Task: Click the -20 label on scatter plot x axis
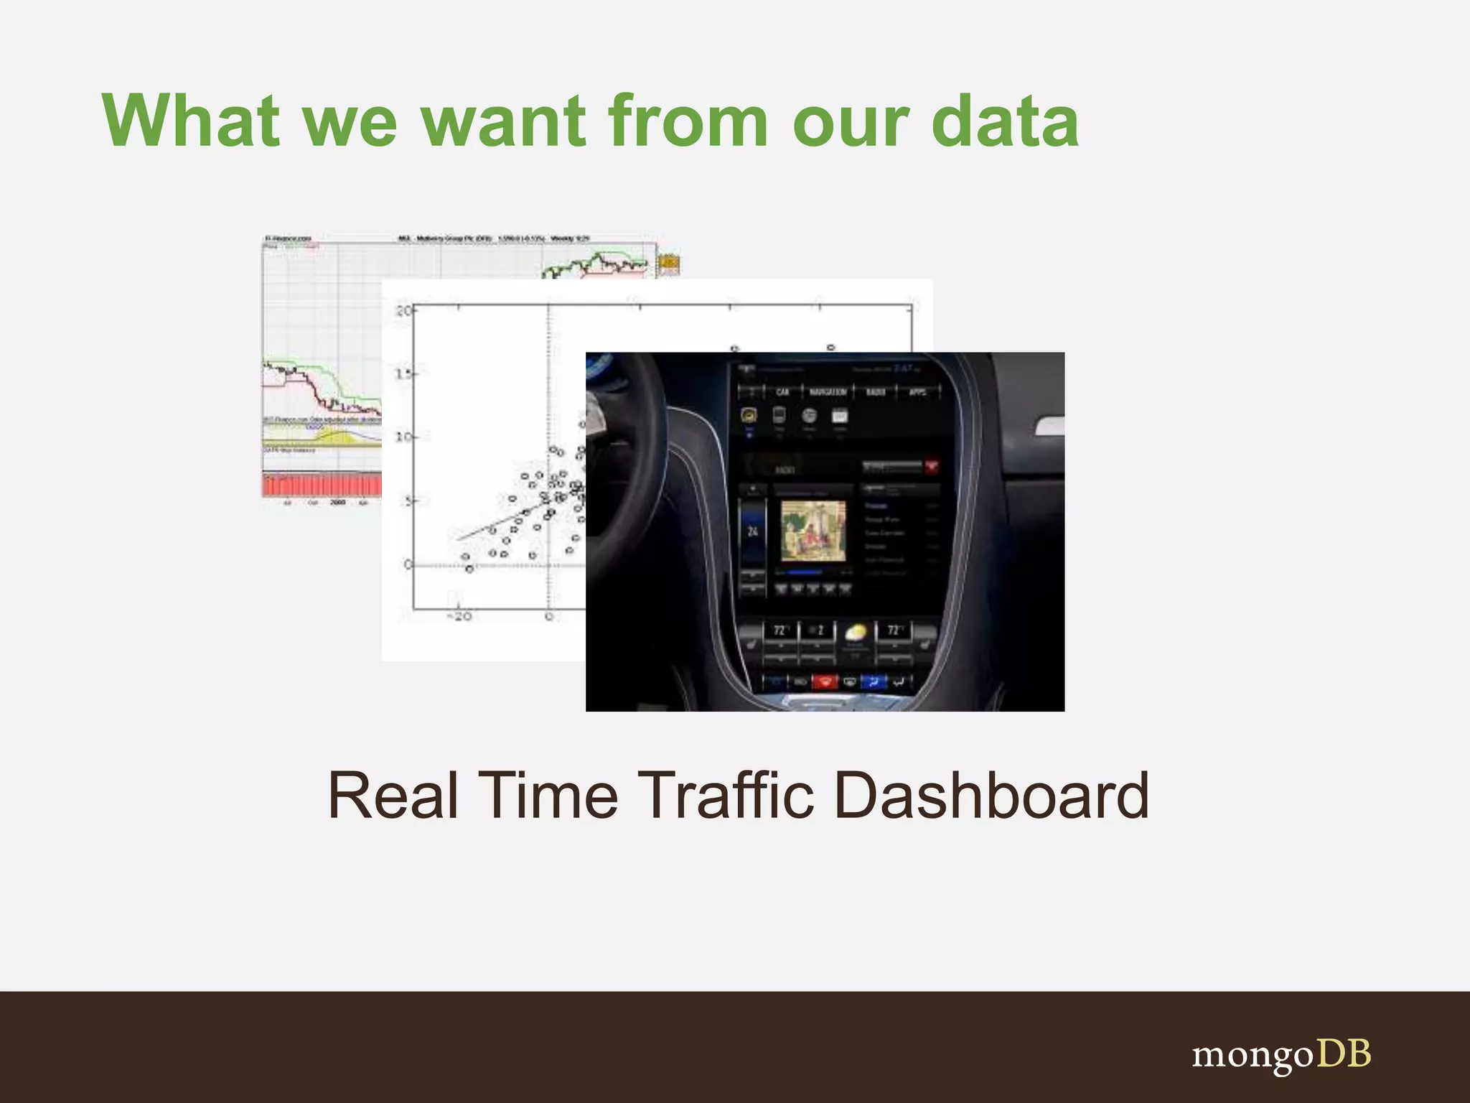point(459,616)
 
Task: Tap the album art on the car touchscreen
point(813,531)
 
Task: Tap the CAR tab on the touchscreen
point(782,392)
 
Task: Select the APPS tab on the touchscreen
point(917,392)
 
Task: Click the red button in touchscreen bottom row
point(825,681)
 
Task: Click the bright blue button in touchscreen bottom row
point(873,681)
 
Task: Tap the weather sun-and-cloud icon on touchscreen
point(855,633)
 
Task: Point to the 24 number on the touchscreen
point(752,531)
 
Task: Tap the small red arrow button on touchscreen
point(932,467)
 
